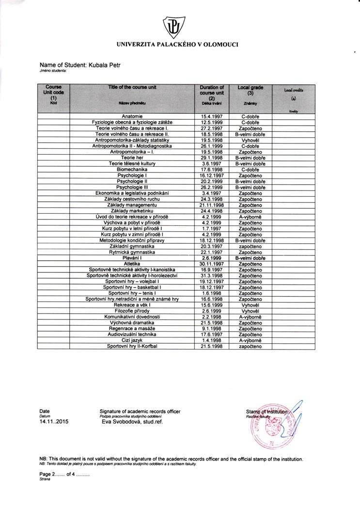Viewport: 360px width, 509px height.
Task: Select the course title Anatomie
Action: [132, 117]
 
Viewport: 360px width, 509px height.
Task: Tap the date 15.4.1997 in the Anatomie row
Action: [212, 117]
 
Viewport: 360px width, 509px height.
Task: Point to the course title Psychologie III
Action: [132, 187]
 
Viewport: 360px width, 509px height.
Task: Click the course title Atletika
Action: [132, 264]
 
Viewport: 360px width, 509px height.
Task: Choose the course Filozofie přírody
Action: [132, 311]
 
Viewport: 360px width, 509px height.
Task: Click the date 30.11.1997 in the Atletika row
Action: [212, 264]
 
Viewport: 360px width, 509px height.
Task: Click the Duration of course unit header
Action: [212, 91]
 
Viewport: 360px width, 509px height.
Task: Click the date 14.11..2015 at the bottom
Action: [54, 422]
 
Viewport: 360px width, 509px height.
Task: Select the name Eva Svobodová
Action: [127, 422]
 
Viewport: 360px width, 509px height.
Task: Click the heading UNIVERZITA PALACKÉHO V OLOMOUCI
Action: [177, 45]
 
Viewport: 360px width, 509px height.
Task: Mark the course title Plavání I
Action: [132, 258]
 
